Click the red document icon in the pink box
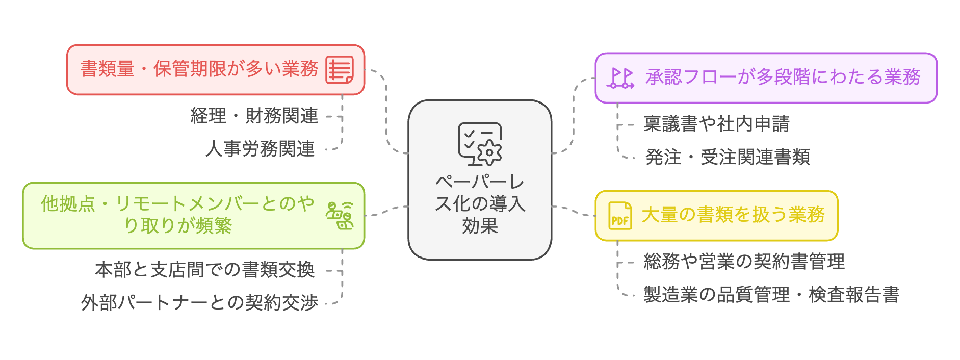pyautogui.click(x=340, y=70)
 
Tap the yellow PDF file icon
pyautogui.click(x=620, y=216)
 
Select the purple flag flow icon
pyautogui.click(x=620, y=78)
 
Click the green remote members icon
pyautogui.click(x=340, y=216)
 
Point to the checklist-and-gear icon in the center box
pyautogui.click(x=480, y=144)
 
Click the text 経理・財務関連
pyautogui.click(x=254, y=116)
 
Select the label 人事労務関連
pyautogui.click(x=260, y=149)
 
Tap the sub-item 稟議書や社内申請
pyautogui.click(x=716, y=124)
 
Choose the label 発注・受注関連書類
pyautogui.click(x=728, y=157)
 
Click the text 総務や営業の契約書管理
pyautogui.click(x=744, y=262)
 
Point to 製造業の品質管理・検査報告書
pyautogui.click(x=771, y=295)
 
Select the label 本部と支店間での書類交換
pyautogui.click(x=205, y=270)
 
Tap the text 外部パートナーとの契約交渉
pyautogui.click(x=199, y=303)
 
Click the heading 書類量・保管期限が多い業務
pyautogui.click(x=199, y=69)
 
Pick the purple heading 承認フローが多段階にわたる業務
pyautogui.click(x=783, y=78)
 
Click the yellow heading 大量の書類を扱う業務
pyautogui.click(x=733, y=215)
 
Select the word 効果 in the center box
pyautogui.click(x=480, y=225)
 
